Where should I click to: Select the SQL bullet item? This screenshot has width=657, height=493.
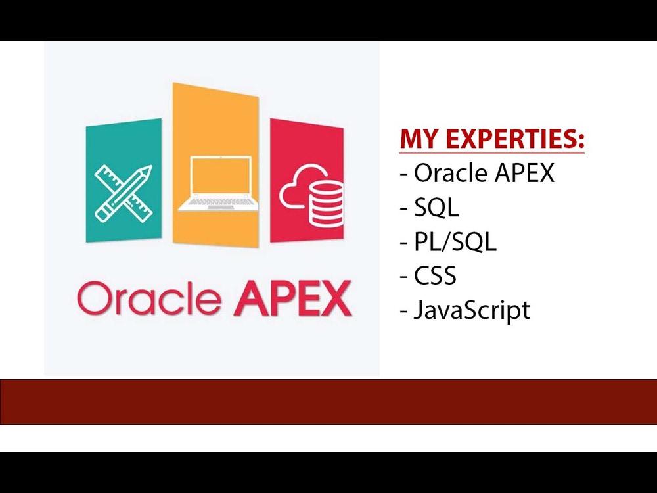436,208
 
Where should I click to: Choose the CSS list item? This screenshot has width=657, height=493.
435,276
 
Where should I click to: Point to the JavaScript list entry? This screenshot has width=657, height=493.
471,310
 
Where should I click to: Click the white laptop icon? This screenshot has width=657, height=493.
215,184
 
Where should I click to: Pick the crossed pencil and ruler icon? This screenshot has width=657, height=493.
123,193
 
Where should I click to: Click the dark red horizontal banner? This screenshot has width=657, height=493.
328,402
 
